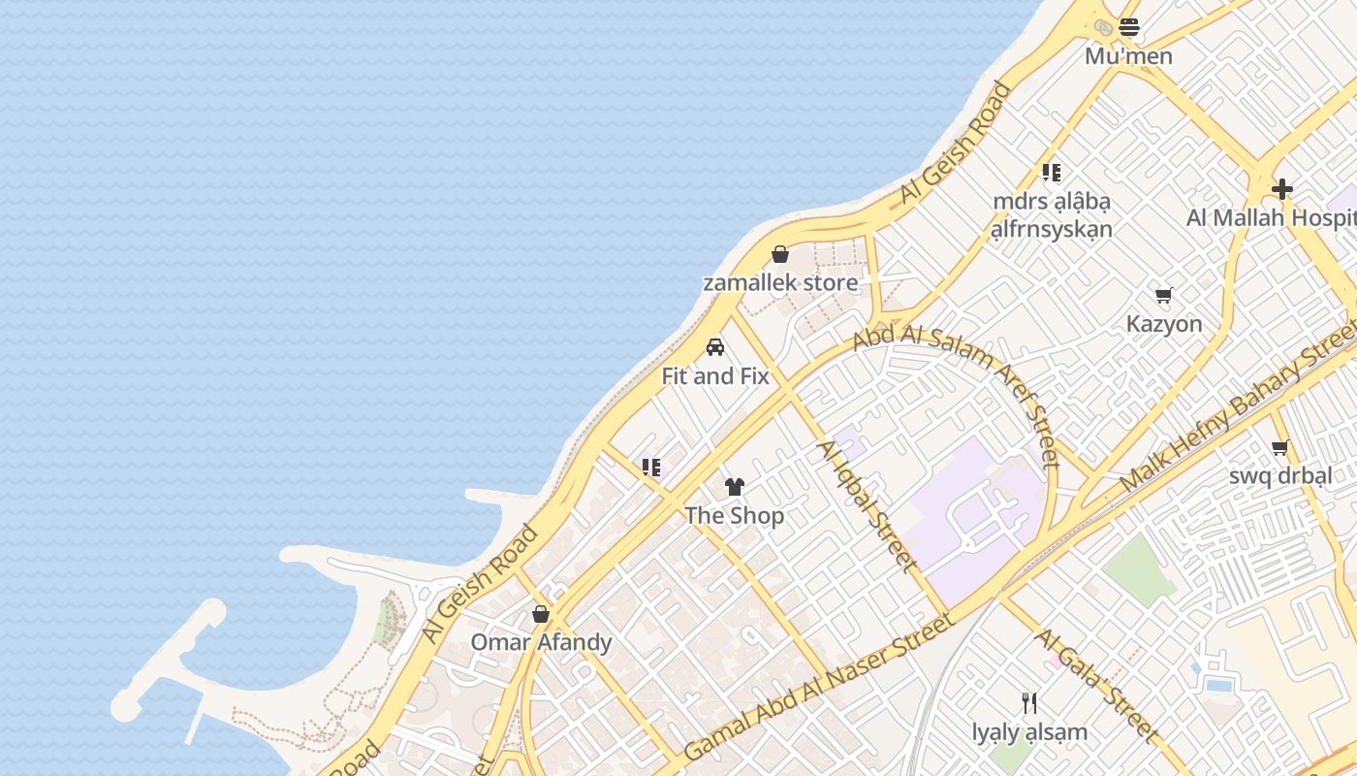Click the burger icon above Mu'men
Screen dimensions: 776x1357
pyautogui.click(x=1128, y=27)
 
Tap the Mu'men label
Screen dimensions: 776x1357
pyautogui.click(x=1128, y=56)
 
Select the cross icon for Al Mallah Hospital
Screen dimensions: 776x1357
pyautogui.click(x=1282, y=189)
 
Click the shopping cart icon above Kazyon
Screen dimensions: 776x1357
pyautogui.click(x=1164, y=295)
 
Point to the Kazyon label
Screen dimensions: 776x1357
pyautogui.click(x=1164, y=324)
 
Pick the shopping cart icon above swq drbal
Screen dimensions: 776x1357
pyautogui.click(x=1280, y=447)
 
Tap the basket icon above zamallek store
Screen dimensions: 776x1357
pyautogui.click(x=780, y=254)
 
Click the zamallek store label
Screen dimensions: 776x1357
pyautogui.click(x=780, y=283)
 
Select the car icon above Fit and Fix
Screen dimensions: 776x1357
pyautogui.click(x=715, y=347)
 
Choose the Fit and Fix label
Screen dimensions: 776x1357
pyautogui.click(x=715, y=376)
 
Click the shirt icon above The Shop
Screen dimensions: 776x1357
pyautogui.click(x=735, y=487)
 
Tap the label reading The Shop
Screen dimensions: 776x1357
pyautogui.click(x=735, y=515)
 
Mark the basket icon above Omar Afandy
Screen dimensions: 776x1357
pyautogui.click(x=541, y=614)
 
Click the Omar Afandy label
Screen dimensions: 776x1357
pyautogui.click(x=541, y=642)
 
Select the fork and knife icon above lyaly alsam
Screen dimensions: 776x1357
pyautogui.click(x=1029, y=703)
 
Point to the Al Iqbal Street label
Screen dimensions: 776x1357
pyautogui.click(x=867, y=505)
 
